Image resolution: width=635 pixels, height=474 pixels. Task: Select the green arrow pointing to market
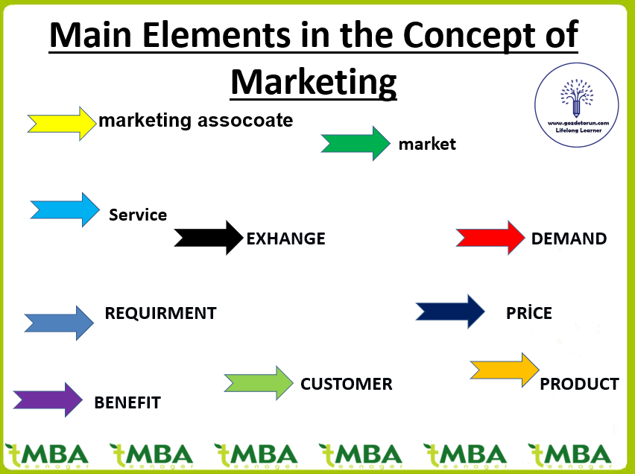pyautogui.click(x=356, y=143)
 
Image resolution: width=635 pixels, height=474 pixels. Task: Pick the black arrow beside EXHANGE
pyautogui.click(x=209, y=238)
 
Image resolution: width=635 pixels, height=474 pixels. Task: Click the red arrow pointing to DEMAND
pyautogui.click(x=490, y=238)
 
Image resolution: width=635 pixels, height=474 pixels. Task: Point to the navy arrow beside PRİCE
pyautogui.click(x=450, y=312)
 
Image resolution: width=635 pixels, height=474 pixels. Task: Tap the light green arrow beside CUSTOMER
pyautogui.click(x=259, y=383)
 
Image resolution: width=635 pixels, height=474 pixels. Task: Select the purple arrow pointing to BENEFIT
pyautogui.click(x=48, y=399)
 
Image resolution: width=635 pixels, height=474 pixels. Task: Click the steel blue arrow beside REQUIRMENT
pyautogui.click(x=59, y=323)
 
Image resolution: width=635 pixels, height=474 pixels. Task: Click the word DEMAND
pyautogui.click(x=569, y=239)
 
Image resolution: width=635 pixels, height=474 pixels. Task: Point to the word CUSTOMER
pyautogui.click(x=346, y=385)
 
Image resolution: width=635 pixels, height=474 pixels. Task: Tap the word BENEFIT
pyautogui.click(x=127, y=403)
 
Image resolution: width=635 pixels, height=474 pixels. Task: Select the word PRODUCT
pyautogui.click(x=579, y=384)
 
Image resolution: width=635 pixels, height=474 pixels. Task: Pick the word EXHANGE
pyautogui.click(x=285, y=239)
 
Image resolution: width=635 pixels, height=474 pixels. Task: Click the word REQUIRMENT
pyautogui.click(x=160, y=314)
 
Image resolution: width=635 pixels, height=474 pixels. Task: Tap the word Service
pyautogui.click(x=138, y=215)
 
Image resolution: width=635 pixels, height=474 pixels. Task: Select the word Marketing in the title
pyautogui.click(x=313, y=80)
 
